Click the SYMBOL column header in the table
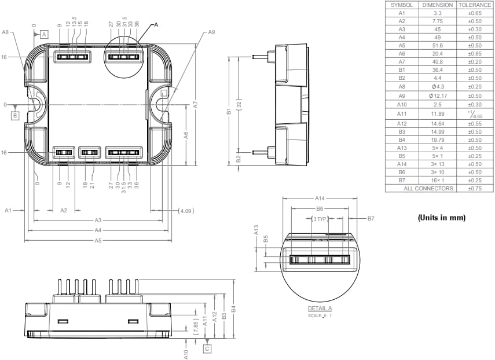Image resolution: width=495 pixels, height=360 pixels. (x=402, y=5)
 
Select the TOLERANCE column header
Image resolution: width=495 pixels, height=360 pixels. (x=474, y=5)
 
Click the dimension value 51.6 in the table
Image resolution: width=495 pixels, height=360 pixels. (x=438, y=45)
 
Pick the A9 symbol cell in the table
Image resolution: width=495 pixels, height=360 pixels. (x=402, y=95)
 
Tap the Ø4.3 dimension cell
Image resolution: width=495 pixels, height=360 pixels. (x=438, y=86)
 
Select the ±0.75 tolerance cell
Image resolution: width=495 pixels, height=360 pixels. (x=474, y=188)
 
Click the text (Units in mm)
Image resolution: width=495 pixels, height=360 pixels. (x=441, y=218)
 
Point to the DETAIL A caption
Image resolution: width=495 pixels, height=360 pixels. (x=320, y=308)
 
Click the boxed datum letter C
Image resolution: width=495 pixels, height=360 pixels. (x=207, y=348)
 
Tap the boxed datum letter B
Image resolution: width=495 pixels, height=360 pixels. (x=15, y=116)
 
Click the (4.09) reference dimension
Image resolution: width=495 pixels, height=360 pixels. (x=186, y=211)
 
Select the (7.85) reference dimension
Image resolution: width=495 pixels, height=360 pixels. (x=196, y=326)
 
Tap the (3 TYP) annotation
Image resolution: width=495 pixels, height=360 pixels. (x=319, y=219)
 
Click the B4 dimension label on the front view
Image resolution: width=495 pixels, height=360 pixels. (x=233, y=310)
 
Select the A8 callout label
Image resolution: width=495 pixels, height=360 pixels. (x=5, y=33)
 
